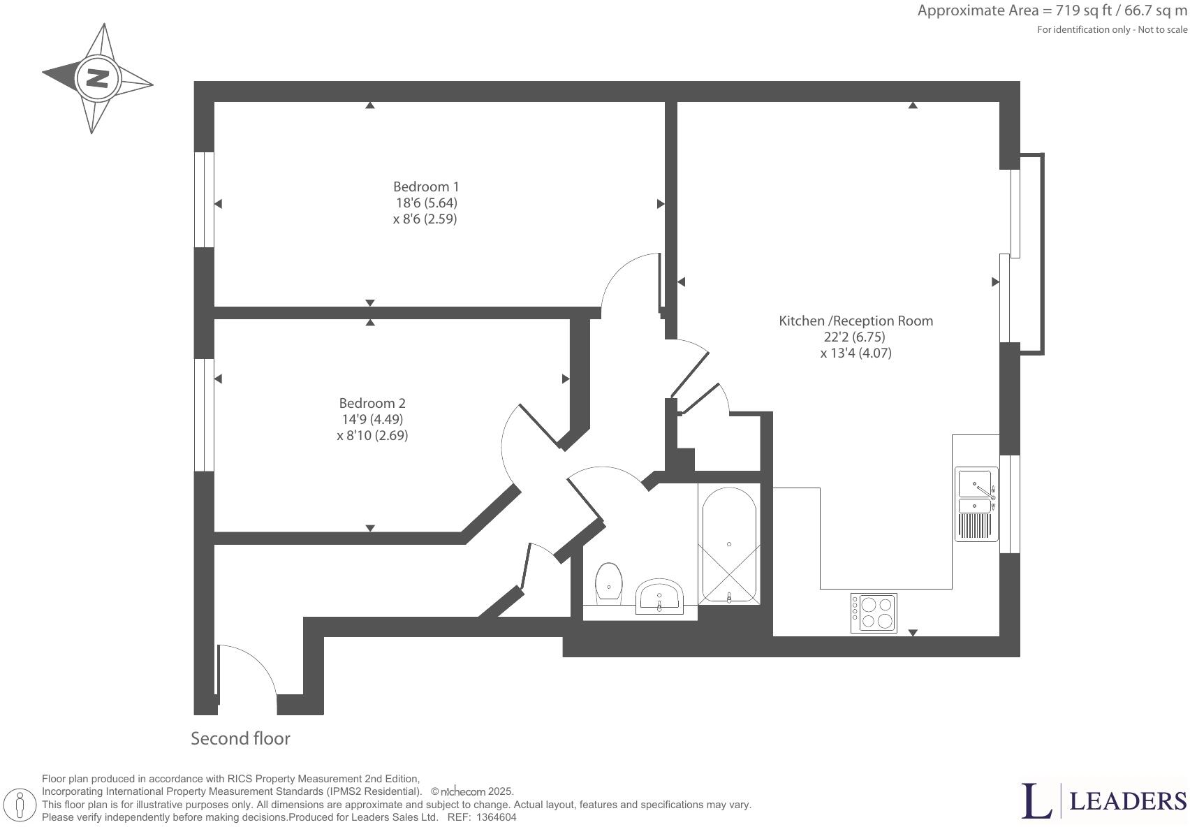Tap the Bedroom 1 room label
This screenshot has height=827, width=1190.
[x=426, y=186]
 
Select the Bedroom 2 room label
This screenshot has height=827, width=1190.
[x=372, y=403]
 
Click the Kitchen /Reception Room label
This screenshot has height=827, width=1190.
[x=855, y=321]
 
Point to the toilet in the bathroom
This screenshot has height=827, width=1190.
[x=609, y=582]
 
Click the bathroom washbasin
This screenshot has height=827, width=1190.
[x=659, y=596]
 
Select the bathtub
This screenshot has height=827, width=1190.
[x=728, y=545]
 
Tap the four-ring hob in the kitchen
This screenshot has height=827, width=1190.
[x=874, y=613]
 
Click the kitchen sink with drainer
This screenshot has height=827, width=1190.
[x=977, y=503]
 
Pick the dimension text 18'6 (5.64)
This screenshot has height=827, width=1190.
[x=426, y=203]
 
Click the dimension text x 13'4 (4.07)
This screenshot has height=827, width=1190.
[x=855, y=353]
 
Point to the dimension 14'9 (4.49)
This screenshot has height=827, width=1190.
[x=372, y=419]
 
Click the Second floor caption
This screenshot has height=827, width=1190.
[x=240, y=738]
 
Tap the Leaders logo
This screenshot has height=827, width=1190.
[x=1103, y=801]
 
